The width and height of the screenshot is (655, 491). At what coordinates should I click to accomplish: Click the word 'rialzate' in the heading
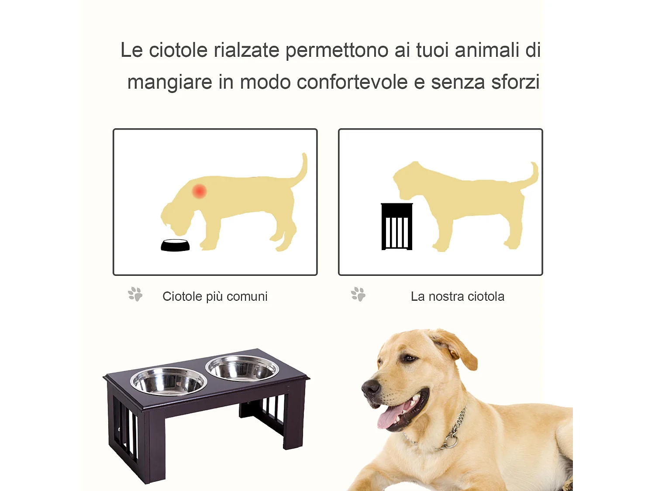tap(246, 50)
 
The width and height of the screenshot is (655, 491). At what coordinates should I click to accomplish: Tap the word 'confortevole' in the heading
tap(352, 82)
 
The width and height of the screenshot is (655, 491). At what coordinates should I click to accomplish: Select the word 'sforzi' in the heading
tap(515, 82)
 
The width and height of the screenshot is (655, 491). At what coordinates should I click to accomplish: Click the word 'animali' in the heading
tap(486, 50)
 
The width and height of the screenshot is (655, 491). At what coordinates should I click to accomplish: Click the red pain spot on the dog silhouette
tap(200, 191)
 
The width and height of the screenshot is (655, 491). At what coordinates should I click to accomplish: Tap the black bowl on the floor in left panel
tap(175, 246)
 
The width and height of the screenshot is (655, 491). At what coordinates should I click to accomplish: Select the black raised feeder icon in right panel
tap(396, 227)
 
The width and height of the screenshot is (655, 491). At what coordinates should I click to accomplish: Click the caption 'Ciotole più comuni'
tap(215, 296)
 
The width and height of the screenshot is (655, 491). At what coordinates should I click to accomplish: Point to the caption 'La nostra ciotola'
tap(457, 296)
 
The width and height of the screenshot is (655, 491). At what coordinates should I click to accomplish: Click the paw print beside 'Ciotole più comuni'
tap(135, 294)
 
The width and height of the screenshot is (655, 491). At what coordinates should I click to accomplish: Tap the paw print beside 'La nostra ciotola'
tap(358, 294)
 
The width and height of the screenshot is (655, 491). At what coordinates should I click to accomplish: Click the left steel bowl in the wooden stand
tap(168, 381)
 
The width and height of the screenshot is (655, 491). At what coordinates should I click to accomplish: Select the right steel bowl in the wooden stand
tap(242, 368)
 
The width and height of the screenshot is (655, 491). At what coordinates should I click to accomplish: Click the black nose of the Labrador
tap(370, 387)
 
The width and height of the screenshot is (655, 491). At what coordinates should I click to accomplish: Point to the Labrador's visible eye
tap(409, 358)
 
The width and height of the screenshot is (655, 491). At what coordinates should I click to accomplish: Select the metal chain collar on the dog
tap(454, 432)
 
